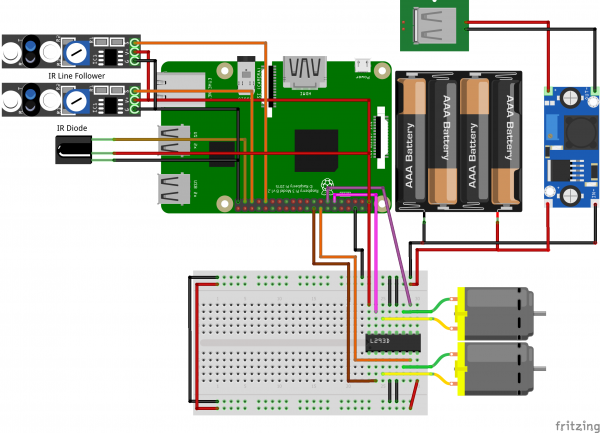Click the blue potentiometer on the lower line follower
coord(73,98)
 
